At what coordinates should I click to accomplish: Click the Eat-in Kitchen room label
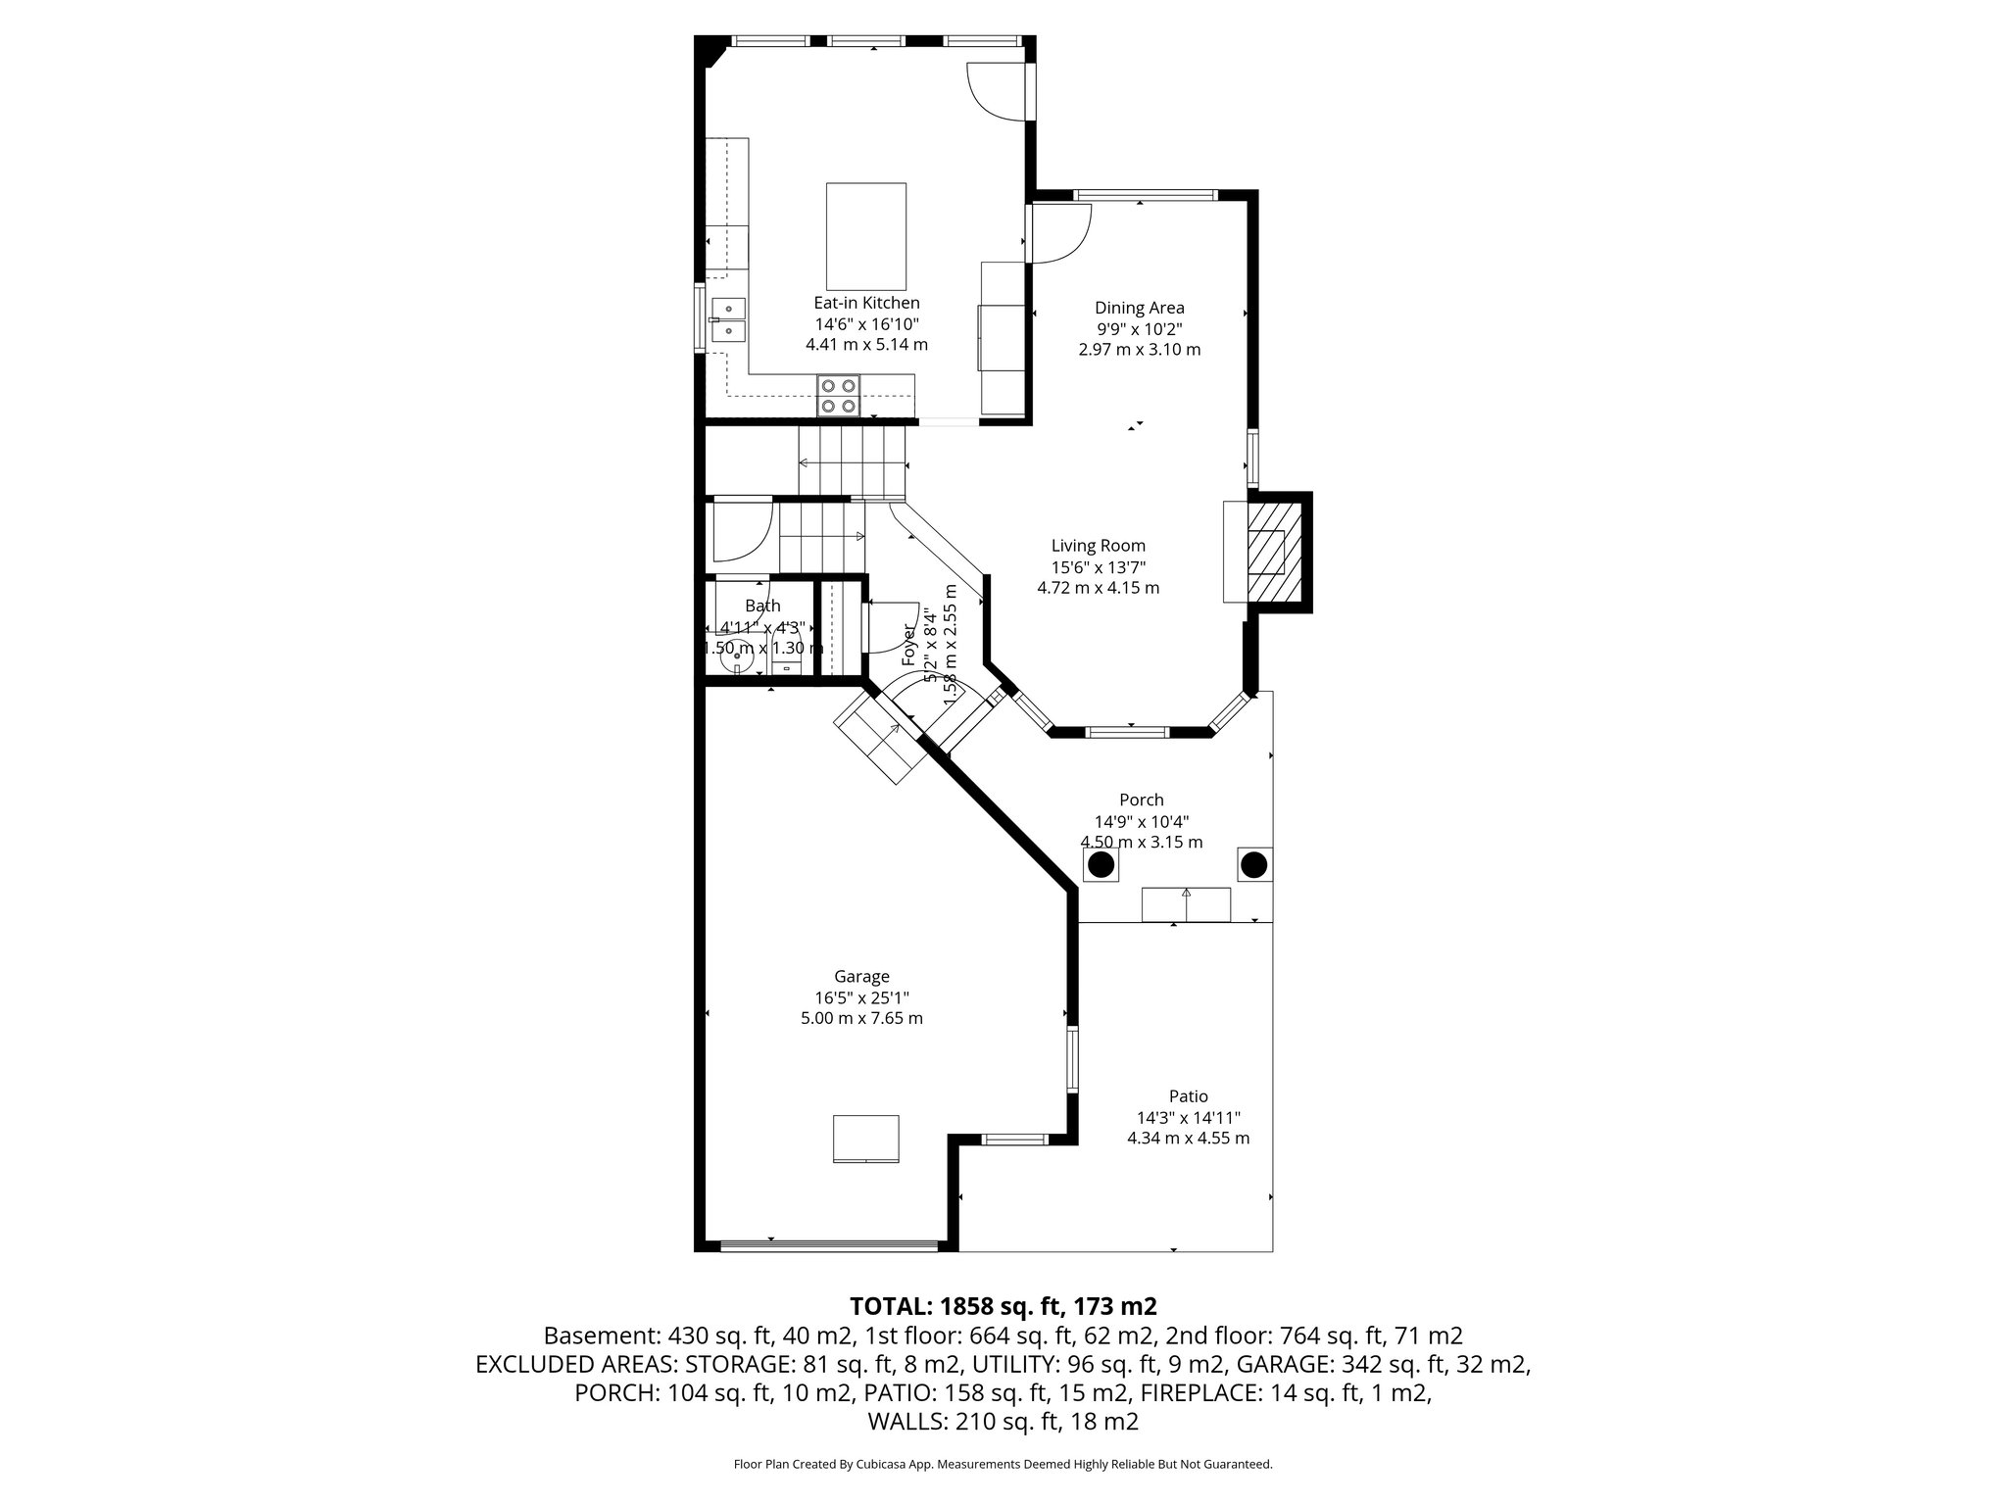(x=866, y=303)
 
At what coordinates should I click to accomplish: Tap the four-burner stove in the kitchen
(x=839, y=396)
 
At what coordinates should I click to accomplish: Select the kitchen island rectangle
(x=866, y=235)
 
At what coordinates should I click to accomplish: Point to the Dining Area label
(x=1139, y=308)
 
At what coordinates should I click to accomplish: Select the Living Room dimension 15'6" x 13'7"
(x=1098, y=567)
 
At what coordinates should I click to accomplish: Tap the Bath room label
(x=762, y=607)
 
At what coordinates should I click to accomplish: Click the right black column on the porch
(x=1253, y=864)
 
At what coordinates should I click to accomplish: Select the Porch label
(x=1141, y=801)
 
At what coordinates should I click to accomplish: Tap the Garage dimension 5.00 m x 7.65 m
(x=861, y=1018)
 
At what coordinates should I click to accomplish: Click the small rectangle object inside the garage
(x=866, y=1139)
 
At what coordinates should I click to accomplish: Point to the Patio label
(x=1188, y=1096)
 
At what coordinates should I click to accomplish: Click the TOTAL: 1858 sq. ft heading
(x=1003, y=1306)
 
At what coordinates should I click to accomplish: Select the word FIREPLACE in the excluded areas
(x=1214, y=1393)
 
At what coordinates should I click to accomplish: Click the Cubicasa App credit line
(x=1003, y=1465)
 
